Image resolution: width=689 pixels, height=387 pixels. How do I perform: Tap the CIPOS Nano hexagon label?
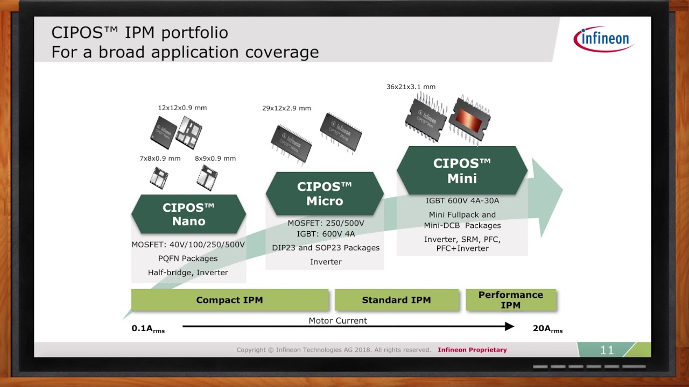click(x=188, y=214)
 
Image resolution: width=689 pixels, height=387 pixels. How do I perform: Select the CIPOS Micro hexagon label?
click(x=325, y=193)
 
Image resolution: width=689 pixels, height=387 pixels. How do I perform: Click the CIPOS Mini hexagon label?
click(x=462, y=170)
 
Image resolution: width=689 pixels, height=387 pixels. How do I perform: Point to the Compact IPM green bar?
click(x=230, y=300)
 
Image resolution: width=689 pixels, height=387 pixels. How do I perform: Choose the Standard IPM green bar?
click(x=396, y=300)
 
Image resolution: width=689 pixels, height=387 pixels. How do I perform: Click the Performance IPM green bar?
click(x=510, y=300)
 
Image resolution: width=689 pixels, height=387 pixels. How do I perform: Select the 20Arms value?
click(x=547, y=328)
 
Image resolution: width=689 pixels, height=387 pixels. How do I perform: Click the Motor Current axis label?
click(x=338, y=320)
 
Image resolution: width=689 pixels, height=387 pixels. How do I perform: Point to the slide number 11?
click(x=607, y=350)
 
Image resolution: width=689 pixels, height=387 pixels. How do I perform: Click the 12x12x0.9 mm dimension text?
click(x=182, y=107)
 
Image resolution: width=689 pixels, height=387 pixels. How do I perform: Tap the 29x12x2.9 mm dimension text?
click(x=286, y=108)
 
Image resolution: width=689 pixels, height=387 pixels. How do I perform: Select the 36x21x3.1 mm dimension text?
click(x=411, y=87)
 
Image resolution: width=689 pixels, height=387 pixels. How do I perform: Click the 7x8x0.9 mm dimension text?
click(x=160, y=158)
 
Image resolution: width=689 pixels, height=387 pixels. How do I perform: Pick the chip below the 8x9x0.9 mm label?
click(x=207, y=177)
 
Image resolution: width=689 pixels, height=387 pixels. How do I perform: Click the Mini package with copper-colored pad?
click(x=469, y=120)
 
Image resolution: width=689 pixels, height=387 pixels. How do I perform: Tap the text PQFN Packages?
click(x=188, y=259)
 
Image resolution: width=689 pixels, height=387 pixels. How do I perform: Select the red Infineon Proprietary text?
click(x=472, y=350)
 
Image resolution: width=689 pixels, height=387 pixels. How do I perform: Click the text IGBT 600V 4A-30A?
click(x=462, y=200)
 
